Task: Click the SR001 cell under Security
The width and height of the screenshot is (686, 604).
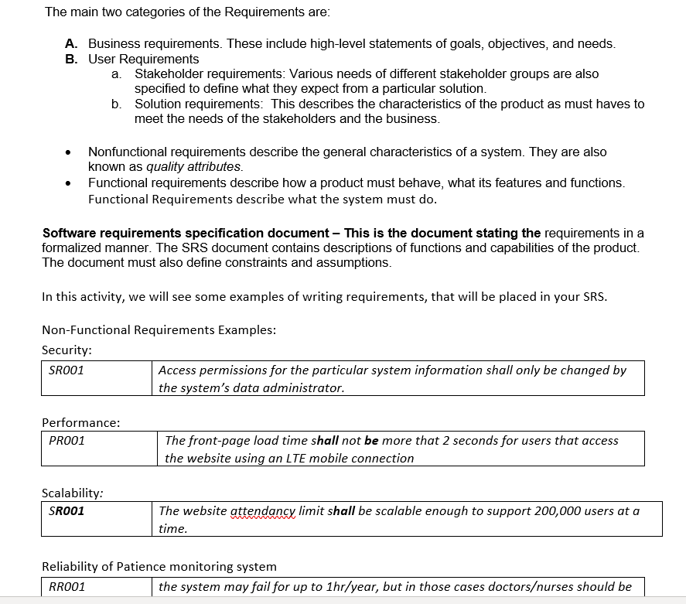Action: (x=67, y=370)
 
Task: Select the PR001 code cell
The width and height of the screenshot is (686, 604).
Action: (x=67, y=441)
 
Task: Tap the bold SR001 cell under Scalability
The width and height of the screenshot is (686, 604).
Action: (x=67, y=511)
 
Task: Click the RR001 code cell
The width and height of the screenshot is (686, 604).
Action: (x=67, y=587)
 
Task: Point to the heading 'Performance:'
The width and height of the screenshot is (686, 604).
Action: (x=80, y=423)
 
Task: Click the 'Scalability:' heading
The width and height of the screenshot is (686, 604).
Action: (x=73, y=493)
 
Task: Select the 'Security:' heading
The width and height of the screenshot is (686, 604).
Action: (x=67, y=350)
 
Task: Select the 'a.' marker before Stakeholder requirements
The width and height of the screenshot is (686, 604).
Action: (x=116, y=74)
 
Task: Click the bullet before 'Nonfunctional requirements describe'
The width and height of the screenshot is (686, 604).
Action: (x=71, y=152)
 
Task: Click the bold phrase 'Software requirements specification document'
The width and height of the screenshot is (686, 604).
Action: (x=185, y=234)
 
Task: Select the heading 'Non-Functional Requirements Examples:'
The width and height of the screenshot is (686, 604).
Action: (x=159, y=330)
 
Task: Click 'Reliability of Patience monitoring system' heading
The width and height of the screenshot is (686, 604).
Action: (x=159, y=567)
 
